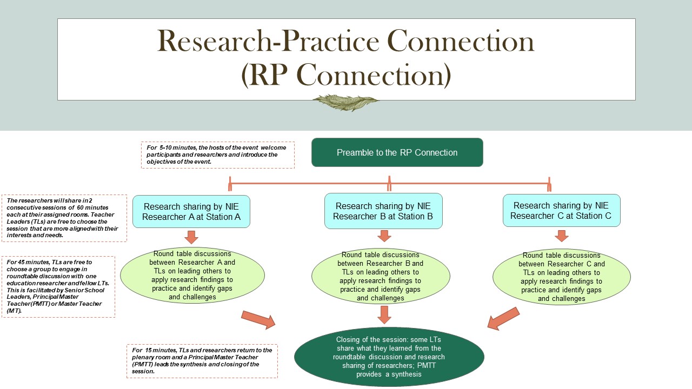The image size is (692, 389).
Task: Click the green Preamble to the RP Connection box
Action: (x=397, y=152)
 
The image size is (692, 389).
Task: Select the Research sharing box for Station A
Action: (x=191, y=211)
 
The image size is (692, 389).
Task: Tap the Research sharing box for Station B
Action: (x=383, y=211)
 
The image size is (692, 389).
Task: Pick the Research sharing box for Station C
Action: (x=561, y=211)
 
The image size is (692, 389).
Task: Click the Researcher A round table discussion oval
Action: (x=192, y=275)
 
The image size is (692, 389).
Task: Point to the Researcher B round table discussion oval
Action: (x=381, y=276)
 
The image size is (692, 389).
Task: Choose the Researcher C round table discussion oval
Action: (x=561, y=277)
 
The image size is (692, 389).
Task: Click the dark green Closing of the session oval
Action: (x=389, y=357)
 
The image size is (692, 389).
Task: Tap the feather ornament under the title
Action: (x=345, y=103)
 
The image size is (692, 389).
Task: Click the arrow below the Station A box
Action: (x=191, y=237)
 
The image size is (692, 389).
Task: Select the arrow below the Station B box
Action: (x=384, y=236)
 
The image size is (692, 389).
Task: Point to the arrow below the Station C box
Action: (x=562, y=236)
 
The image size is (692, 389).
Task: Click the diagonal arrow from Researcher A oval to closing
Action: (x=258, y=320)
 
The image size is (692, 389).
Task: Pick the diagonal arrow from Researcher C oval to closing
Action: (x=503, y=319)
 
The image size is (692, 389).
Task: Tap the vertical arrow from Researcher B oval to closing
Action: (x=384, y=315)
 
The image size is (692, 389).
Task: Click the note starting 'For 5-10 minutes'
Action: (x=218, y=155)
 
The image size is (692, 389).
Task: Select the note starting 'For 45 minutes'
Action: (x=58, y=286)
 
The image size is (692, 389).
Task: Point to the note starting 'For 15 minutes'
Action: (x=202, y=361)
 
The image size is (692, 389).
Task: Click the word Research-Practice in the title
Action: (x=268, y=42)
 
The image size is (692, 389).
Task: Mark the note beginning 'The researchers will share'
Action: (x=64, y=218)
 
